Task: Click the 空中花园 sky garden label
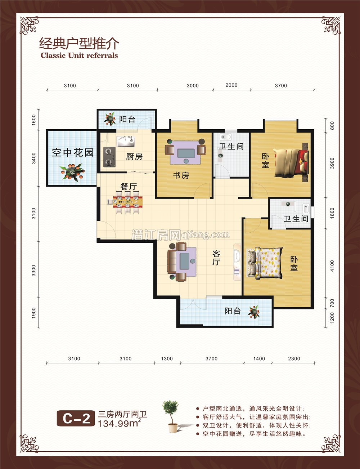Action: [73, 152]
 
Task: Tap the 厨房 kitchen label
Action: [134, 156]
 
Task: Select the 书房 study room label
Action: [181, 175]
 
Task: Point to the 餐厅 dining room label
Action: [129, 187]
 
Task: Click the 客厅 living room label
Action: [216, 258]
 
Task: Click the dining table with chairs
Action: [126, 202]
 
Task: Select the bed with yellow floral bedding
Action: [264, 263]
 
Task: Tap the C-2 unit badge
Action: [76, 419]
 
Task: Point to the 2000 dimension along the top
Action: [231, 85]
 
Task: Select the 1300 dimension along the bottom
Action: [167, 359]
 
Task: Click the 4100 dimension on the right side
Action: [332, 266]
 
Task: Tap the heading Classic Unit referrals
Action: [79, 55]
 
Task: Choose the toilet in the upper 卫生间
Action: [225, 138]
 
